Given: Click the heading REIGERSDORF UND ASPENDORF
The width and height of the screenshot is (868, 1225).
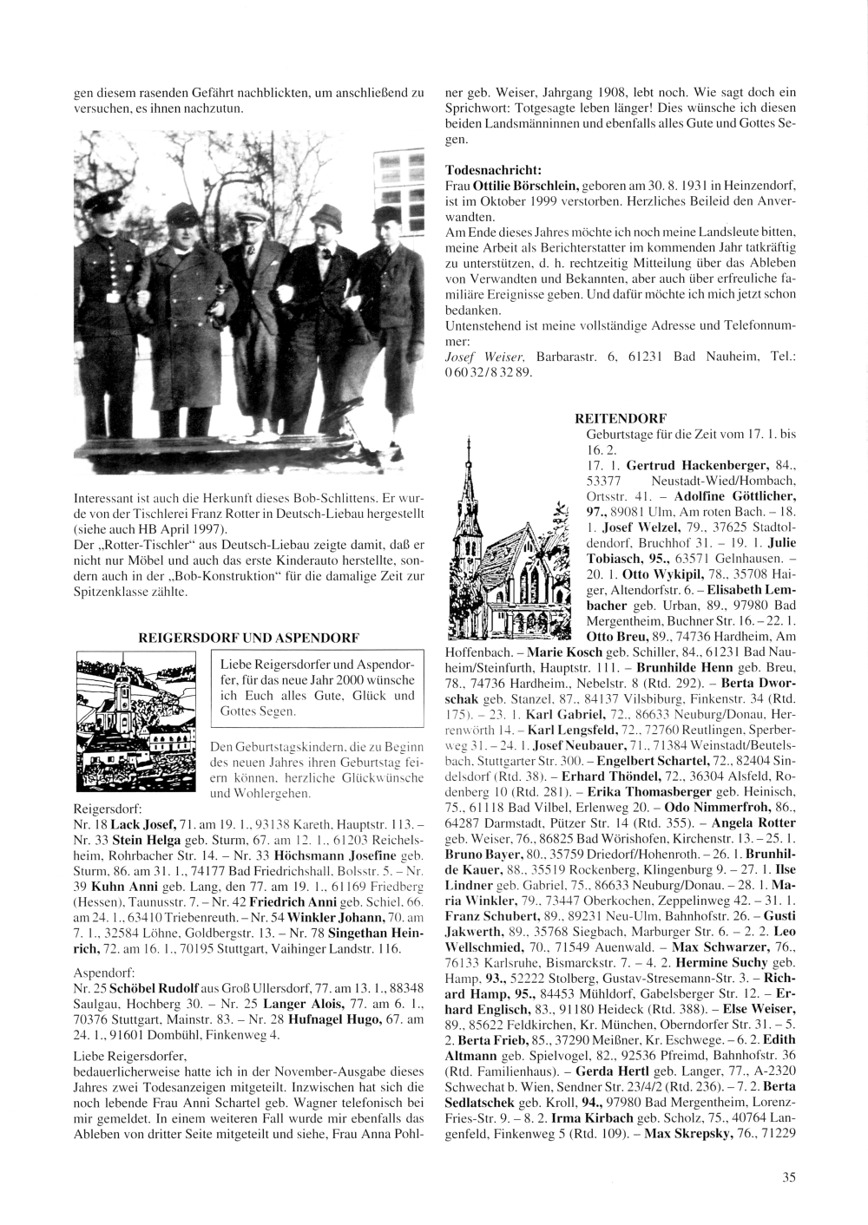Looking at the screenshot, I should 249,636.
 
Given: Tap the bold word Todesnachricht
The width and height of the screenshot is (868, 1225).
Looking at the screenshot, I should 493,171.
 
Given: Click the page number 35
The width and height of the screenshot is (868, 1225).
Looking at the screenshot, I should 788,1176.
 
